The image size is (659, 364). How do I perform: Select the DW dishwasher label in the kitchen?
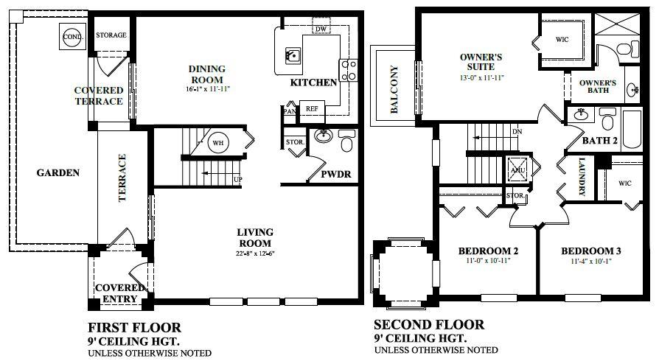[319, 29]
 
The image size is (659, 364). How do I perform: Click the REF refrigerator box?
[311, 107]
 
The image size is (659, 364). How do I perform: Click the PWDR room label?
[335, 175]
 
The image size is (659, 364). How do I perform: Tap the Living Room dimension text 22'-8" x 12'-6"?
[254, 254]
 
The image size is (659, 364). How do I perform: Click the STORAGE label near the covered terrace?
[111, 35]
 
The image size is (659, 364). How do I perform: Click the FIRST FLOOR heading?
[134, 326]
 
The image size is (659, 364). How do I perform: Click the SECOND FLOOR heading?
[429, 324]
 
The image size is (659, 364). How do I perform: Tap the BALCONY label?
[394, 90]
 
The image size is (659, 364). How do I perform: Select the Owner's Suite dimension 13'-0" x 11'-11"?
[481, 78]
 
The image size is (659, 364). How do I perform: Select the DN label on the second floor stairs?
[517, 131]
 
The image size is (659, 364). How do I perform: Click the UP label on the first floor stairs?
[237, 179]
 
